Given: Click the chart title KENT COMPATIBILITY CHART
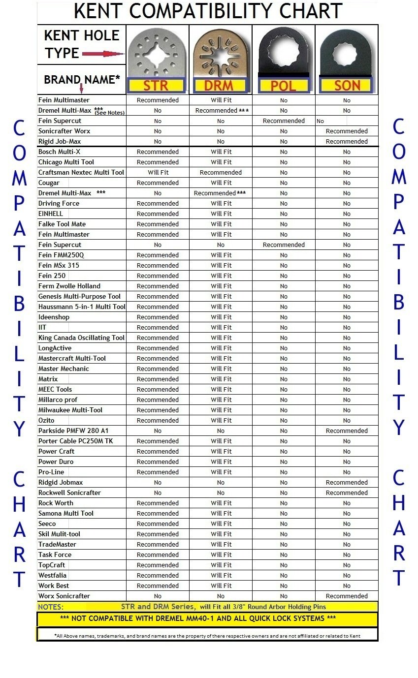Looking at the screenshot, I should coord(208,11).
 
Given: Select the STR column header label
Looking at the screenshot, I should coord(156,86).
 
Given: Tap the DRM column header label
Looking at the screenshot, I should coord(219,86).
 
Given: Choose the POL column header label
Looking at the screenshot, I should coord(283,86).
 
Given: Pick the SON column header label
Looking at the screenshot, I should coord(347,86).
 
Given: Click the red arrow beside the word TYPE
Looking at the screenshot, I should coord(102,54).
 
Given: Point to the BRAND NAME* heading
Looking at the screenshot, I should coord(82,79).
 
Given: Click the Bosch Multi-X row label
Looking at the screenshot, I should coord(59,152).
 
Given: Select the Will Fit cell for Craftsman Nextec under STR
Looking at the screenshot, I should coord(158,173).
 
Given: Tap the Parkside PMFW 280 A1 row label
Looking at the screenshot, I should coord(73,431).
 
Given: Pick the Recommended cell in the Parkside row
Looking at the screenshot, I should coord(347,431).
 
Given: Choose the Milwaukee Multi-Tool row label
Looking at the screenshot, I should coord(70,410).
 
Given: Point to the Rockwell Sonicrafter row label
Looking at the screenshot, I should coord(69,493).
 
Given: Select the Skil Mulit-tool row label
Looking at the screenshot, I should coord(59,534).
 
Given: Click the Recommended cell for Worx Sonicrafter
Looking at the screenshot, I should coord(347,596).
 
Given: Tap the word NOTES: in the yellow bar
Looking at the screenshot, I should coord(51,607).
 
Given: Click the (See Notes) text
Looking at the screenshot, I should coord(109,113).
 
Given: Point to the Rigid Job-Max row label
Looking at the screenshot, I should coord(60,141).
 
